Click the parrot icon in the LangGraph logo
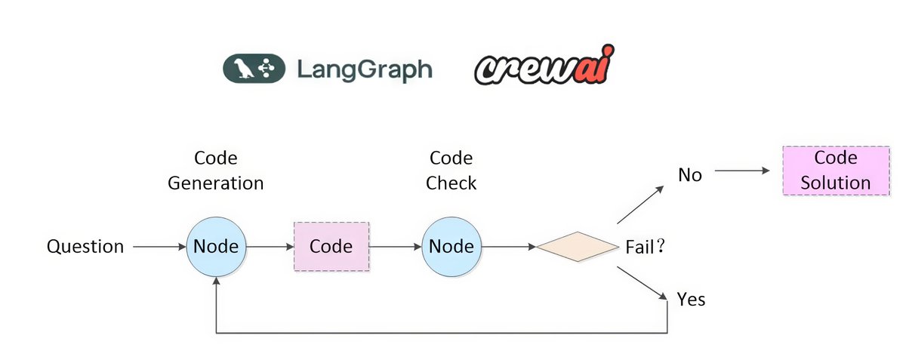(x=244, y=69)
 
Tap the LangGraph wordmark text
(x=365, y=69)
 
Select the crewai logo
(x=544, y=69)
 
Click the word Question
(x=85, y=247)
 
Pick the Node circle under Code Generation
(x=217, y=247)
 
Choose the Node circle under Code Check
(x=451, y=247)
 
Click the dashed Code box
(x=331, y=247)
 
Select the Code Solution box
(x=835, y=171)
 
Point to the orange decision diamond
(x=578, y=247)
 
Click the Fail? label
(x=644, y=248)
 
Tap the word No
(x=689, y=175)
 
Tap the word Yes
(x=691, y=300)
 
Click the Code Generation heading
(x=216, y=171)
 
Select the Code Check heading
(x=451, y=171)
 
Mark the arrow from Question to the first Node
(x=159, y=247)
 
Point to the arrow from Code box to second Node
(x=395, y=247)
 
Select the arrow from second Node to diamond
(x=508, y=247)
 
